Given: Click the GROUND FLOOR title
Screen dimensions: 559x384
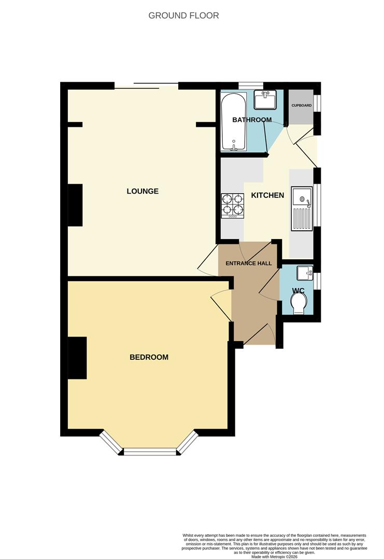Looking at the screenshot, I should pos(183,16).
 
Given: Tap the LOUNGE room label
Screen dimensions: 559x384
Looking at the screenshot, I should pos(143,191).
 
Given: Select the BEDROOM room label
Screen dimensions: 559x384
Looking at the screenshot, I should pos(149,357).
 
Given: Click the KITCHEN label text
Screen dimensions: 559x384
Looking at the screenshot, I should pos(267,195).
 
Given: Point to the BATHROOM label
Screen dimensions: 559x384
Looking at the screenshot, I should pos(252,120).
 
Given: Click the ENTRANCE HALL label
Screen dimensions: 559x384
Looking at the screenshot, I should pos(248,263).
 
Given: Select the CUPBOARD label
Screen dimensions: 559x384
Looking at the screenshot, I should pos(301,106).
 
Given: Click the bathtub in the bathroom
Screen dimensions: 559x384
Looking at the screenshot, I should pos(233,122).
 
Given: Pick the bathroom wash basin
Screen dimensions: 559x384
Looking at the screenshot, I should pos(266,99).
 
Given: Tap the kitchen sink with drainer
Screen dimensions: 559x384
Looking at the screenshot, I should pos(301,208).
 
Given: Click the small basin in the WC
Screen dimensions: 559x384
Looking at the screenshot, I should pos(304,272).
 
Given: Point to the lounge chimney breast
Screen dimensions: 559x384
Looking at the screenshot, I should pos(75,205).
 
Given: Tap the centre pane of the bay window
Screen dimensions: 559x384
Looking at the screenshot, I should pos(150,452).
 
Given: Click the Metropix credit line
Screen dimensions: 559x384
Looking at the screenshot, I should pos(274,556).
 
